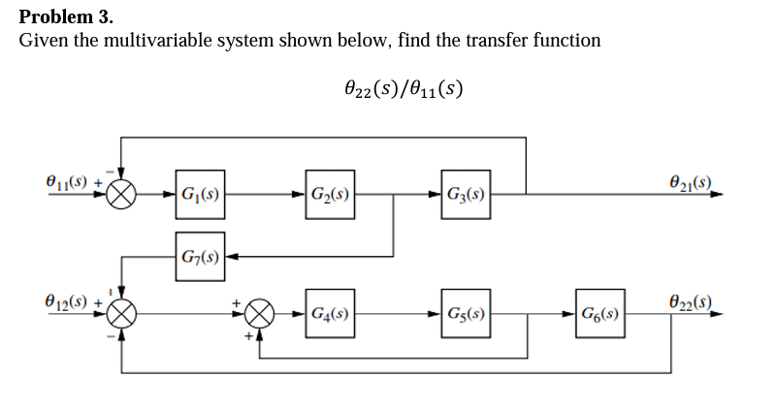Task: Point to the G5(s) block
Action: point(464,314)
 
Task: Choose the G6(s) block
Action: point(600,314)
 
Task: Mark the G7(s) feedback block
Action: point(199,257)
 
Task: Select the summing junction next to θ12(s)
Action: point(122,314)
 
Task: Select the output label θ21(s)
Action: point(691,181)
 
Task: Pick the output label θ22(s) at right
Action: point(691,302)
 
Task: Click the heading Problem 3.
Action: point(66,16)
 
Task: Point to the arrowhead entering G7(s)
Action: point(230,257)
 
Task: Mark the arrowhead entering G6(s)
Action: point(572,314)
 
